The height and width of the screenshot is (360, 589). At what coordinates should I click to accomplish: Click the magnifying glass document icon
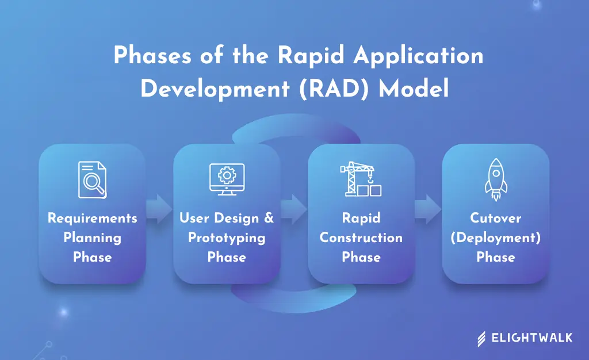pos(92,180)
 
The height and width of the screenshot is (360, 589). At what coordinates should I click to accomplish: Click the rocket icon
pos(495,179)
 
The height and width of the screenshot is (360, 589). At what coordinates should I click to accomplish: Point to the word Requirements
pos(92,219)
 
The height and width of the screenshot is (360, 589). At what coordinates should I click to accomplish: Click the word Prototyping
pos(227,238)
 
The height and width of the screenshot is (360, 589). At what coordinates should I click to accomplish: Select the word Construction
pos(361,238)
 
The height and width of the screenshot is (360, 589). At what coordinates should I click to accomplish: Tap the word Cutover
pos(495,219)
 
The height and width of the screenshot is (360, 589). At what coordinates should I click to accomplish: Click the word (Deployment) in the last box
pos(495,238)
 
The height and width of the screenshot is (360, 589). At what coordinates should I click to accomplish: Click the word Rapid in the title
pos(311,56)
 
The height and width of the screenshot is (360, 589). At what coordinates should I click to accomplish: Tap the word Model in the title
pos(413,90)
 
